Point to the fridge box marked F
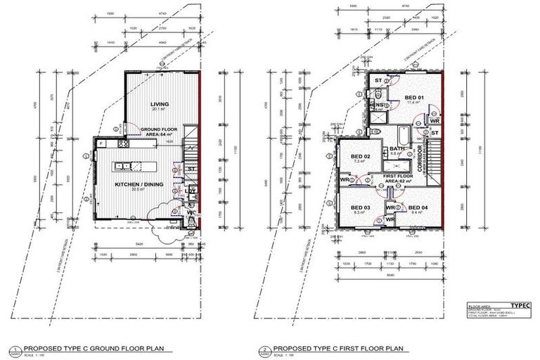click(x=101, y=143)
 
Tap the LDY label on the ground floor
click(x=191, y=190)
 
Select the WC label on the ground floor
click(x=191, y=212)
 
